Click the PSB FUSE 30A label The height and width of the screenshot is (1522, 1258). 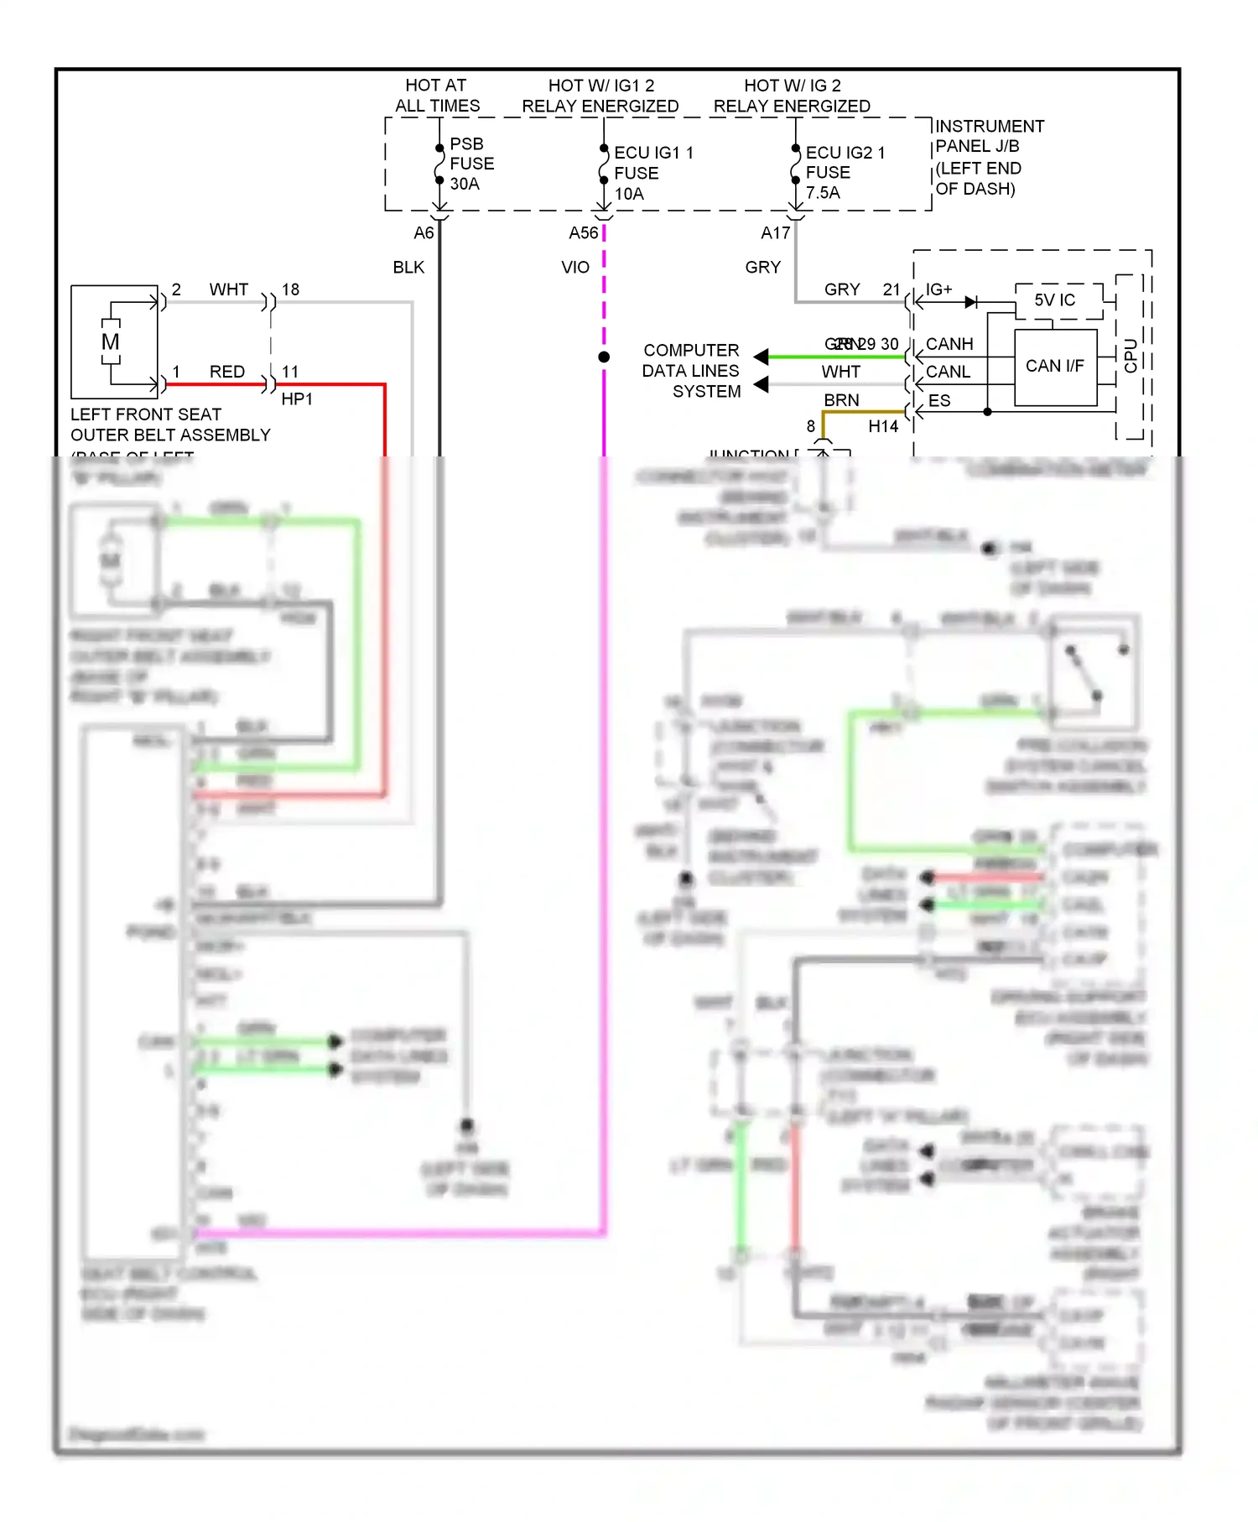tap(470, 164)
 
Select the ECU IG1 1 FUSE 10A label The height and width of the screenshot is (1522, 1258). tap(652, 173)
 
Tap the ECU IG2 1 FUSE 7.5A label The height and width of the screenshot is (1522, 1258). tap(843, 172)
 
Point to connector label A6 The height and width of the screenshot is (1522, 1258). tap(424, 232)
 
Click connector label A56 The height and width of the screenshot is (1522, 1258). tap(583, 232)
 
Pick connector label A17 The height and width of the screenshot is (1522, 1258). tap(775, 232)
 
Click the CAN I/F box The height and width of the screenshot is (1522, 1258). tap(1054, 367)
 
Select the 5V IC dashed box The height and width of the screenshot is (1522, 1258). tap(1054, 300)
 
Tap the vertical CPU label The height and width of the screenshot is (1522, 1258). tap(1131, 356)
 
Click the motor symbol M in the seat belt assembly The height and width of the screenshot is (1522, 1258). tap(110, 342)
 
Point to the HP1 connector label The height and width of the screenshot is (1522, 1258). tap(296, 399)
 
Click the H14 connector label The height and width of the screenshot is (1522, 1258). tap(882, 426)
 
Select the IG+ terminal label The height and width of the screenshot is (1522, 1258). tap(938, 289)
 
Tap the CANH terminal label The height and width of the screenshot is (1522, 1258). tap(949, 344)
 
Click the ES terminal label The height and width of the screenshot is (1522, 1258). tap(938, 401)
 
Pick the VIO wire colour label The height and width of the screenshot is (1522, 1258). tap(574, 267)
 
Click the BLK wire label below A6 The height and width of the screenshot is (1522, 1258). tap(408, 267)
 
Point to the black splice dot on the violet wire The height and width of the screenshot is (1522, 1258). tap(603, 357)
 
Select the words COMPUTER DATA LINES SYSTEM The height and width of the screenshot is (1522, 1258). tap(691, 371)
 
